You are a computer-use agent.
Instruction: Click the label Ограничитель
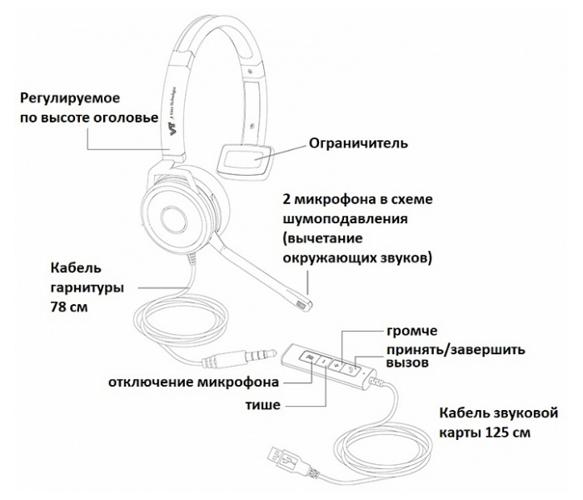click(358, 143)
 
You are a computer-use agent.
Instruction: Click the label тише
click(262, 405)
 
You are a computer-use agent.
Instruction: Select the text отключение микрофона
click(193, 382)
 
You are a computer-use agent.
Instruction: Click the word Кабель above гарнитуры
click(76, 268)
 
